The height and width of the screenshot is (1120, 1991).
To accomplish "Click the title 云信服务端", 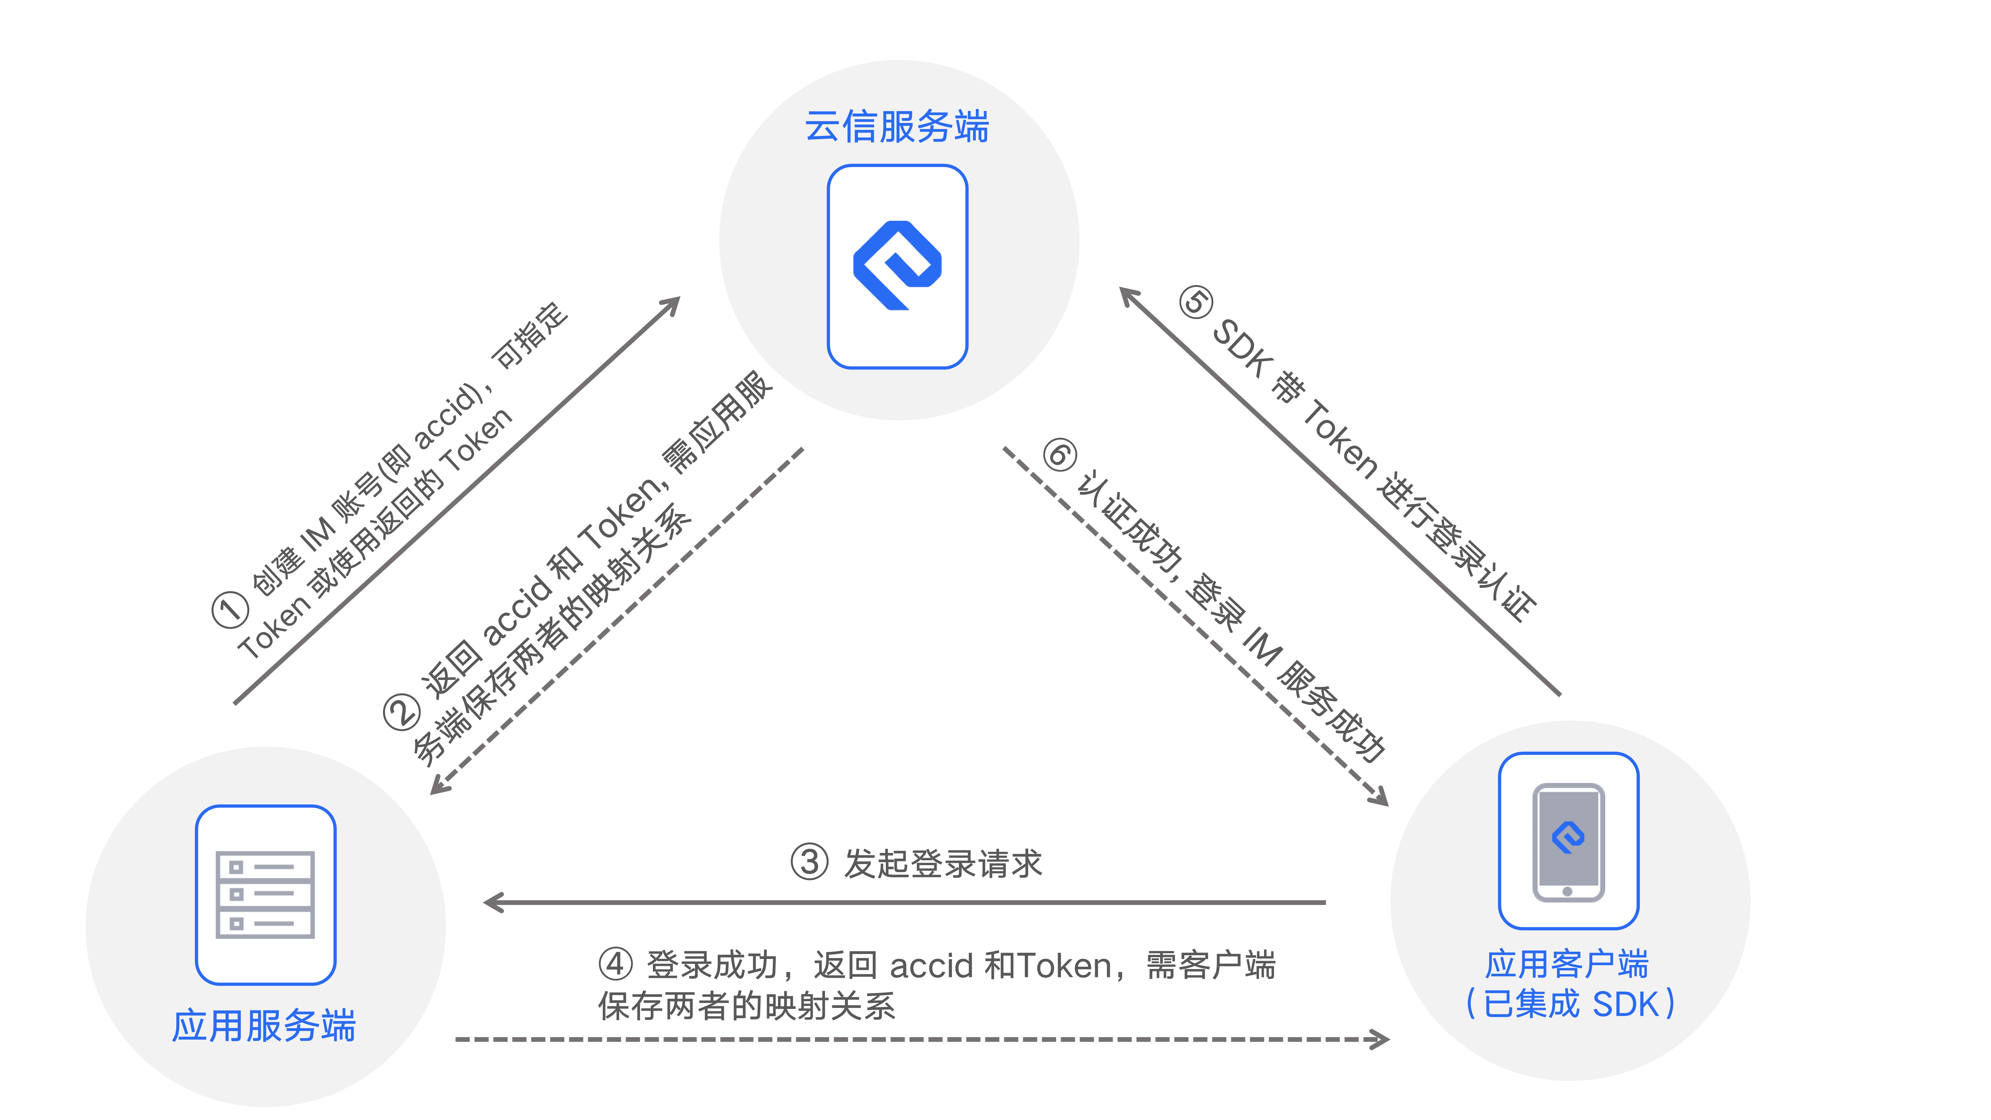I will point(896,126).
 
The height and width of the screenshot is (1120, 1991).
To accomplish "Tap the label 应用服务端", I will point(264,1026).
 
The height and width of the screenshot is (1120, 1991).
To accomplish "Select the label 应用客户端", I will point(1567,964).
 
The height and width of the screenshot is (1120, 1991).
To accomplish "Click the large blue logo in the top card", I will point(896,265).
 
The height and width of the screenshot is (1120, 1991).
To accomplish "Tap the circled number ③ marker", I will point(809,862).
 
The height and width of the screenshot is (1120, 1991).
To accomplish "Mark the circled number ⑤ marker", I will point(1196,302).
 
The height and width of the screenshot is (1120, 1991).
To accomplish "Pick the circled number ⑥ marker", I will point(1060,454).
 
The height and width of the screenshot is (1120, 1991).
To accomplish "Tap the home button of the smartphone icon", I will point(1567,891).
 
